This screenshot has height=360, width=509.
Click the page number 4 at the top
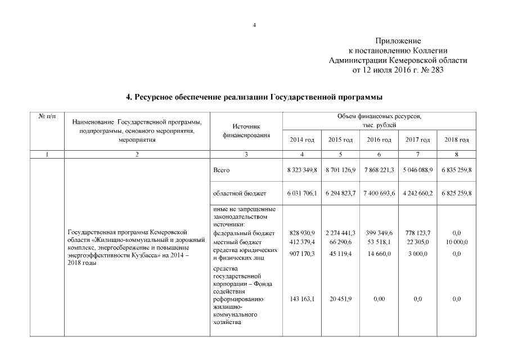coord(254,25)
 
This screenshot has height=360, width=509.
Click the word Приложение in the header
coord(398,41)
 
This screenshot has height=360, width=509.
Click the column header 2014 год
coord(301,139)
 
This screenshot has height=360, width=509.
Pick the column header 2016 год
coord(379,139)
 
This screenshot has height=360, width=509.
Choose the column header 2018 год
coord(456,139)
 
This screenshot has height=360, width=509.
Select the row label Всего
coord(222,169)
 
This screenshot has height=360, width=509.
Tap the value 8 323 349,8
coord(301,169)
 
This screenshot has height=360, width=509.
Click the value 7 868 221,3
coord(379,169)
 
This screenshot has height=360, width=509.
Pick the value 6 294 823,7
coord(340,193)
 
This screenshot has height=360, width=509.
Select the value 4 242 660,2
coord(417,193)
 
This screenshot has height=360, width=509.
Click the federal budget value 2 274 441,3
coord(340,233)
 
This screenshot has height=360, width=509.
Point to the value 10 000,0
coord(456,242)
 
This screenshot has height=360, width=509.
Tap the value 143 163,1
coord(301,300)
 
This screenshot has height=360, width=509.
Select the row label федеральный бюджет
coord(244,233)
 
